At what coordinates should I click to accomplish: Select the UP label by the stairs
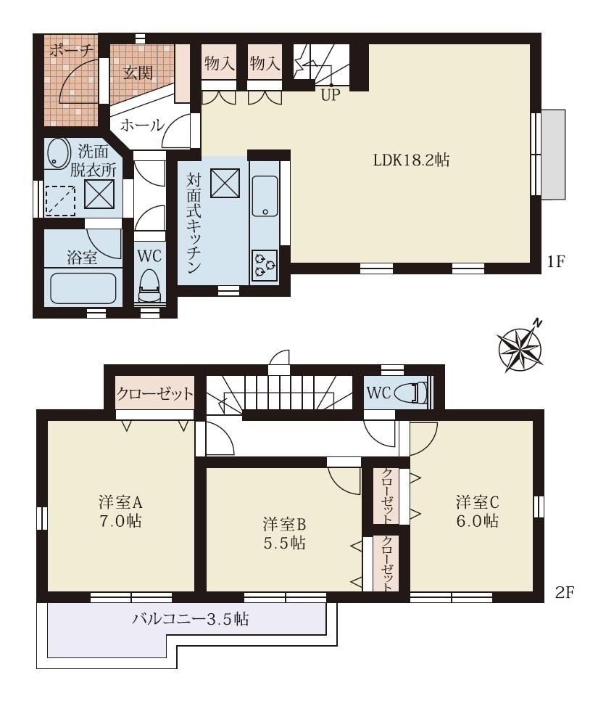click(330, 94)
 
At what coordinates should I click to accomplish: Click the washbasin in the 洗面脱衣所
click(56, 154)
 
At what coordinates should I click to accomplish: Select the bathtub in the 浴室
click(83, 288)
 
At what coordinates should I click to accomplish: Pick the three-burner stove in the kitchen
click(264, 265)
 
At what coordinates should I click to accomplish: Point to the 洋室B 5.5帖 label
click(283, 532)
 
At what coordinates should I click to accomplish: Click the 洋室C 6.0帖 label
click(476, 510)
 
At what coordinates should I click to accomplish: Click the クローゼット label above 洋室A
click(155, 394)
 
